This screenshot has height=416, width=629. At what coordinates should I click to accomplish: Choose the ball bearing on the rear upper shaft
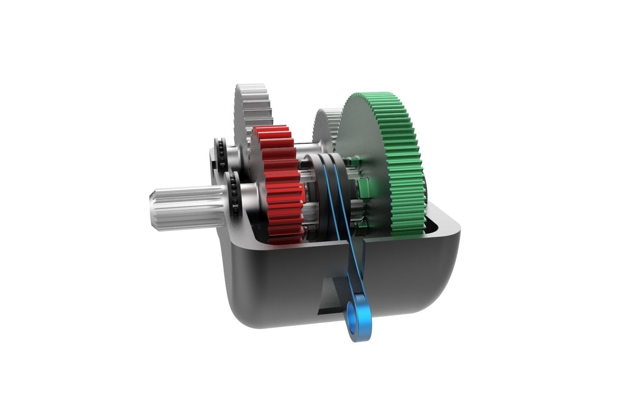click(x=222, y=153)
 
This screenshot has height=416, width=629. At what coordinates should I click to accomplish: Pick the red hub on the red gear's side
click(x=307, y=193)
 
